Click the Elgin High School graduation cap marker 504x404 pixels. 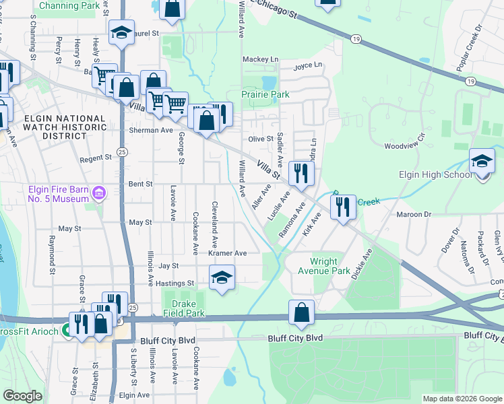click(482, 162)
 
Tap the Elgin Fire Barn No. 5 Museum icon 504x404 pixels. click(98, 194)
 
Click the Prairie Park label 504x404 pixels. click(265, 95)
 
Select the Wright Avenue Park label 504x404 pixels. click(330, 266)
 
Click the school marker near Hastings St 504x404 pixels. click(222, 279)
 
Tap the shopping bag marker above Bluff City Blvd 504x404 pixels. click(301, 313)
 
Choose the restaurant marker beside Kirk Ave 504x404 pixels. click(345, 207)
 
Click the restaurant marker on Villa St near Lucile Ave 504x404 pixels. click(301, 173)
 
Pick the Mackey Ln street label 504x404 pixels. click(260, 60)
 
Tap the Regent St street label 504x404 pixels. click(95, 158)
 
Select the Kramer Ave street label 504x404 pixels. click(228, 253)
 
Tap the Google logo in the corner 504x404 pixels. click(22, 396)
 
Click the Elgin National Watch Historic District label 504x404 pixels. click(65, 127)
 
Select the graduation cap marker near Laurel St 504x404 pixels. click(121, 32)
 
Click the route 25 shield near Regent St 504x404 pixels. click(122, 153)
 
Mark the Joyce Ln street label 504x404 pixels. click(308, 65)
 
